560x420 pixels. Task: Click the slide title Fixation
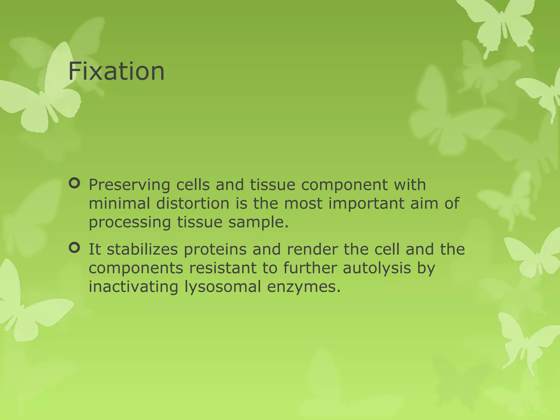coord(116,72)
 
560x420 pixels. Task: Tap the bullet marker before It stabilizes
coord(74,248)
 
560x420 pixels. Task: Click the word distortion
coord(192,204)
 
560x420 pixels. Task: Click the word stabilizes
coord(142,249)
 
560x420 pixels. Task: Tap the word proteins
coord(215,250)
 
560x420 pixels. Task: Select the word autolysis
coord(377,269)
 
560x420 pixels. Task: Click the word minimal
coord(119,204)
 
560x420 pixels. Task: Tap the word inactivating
coord(133,287)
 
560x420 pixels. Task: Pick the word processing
coord(130,223)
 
